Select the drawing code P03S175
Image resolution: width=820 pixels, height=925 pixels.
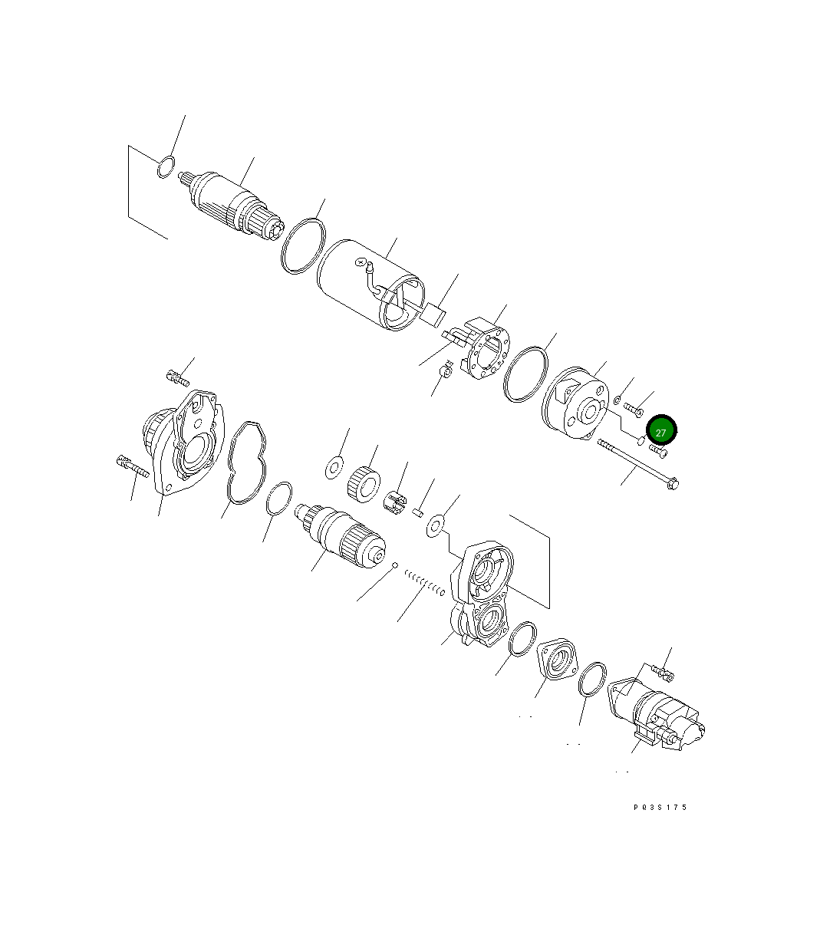[660, 807]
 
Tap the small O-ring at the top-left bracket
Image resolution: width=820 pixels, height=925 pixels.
[165, 166]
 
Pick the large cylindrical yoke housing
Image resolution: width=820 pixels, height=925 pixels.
[370, 285]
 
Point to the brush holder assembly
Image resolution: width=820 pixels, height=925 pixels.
[484, 349]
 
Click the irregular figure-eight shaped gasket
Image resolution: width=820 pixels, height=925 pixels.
[246, 462]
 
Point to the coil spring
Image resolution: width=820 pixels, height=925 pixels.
[424, 583]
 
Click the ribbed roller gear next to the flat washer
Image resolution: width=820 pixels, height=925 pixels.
[364, 484]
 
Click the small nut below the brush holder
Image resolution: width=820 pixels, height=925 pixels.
[444, 373]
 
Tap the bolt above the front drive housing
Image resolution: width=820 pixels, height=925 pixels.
[177, 377]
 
